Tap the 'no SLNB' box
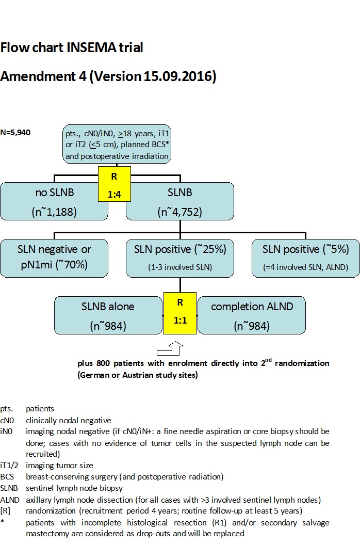[51, 202]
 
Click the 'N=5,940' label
[15, 133]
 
